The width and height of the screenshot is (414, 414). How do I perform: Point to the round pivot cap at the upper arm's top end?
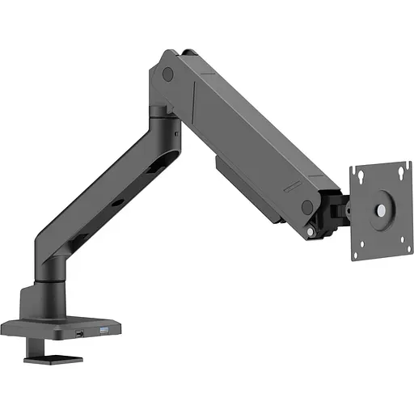tap(167, 74)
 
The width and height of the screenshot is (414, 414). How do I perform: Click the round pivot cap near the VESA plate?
tap(307, 208)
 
